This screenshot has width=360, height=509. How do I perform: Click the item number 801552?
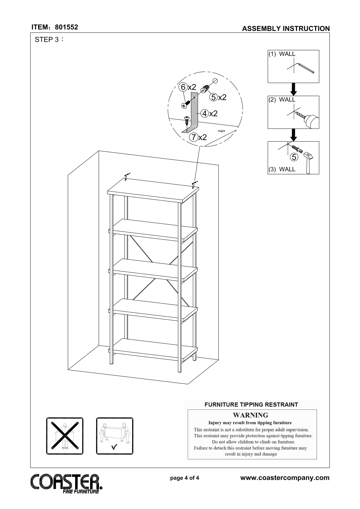(x=67, y=27)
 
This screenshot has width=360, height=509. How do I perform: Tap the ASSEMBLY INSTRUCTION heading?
(x=286, y=29)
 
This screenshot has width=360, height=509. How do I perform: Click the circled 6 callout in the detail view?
(x=183, y=87)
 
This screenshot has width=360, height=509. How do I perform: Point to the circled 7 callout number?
(x=193, y=137)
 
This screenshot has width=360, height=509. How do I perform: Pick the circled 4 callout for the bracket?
(x=204, y=113)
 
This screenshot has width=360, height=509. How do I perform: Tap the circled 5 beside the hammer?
(x=294, y=157)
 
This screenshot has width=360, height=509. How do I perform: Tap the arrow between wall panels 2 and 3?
(x=294, y=135)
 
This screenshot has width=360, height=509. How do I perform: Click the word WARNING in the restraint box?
(x=251, y=415)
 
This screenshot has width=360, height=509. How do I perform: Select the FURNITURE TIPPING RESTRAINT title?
(x=251, y=405)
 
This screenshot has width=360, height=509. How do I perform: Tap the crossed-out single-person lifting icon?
(x=65, y=436)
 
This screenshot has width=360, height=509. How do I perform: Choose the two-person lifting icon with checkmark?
(x=115, y=436)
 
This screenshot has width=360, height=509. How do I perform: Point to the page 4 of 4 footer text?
(x=185, y=478)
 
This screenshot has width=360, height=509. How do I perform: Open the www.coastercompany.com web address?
(x=285, y=478)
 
